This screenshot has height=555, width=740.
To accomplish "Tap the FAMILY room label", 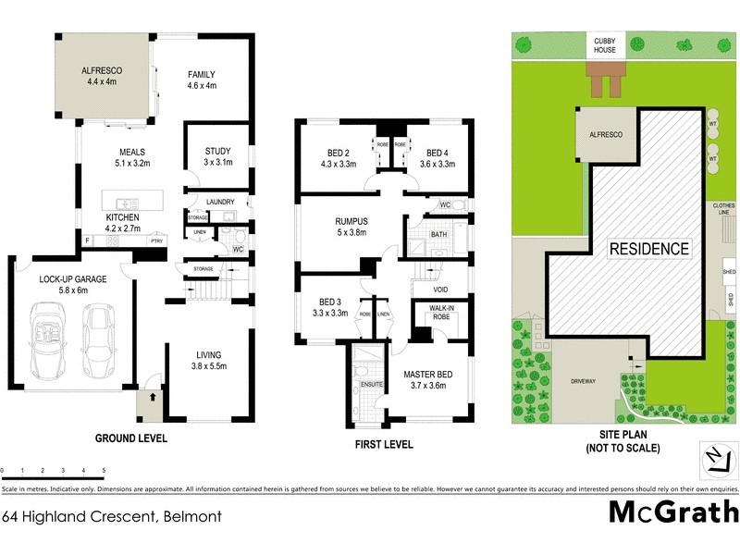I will tap(201, 74).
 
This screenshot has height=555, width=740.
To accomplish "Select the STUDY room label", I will tap(217, 151).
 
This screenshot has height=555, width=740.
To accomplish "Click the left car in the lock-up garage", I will tap(47, 336).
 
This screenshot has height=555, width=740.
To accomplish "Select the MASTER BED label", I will tap(425, 374).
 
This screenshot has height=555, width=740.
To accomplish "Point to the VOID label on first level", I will tap(440, 290).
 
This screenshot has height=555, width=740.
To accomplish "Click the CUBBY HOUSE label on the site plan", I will tap(605, 44).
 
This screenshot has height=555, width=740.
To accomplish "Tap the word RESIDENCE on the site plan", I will tap(648, 249).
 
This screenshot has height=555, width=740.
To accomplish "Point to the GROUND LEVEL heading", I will tap(132, 438).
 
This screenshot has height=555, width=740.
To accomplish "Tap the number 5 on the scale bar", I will tap(105, 471).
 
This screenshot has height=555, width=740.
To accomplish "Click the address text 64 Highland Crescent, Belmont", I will tap(111, 516).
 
